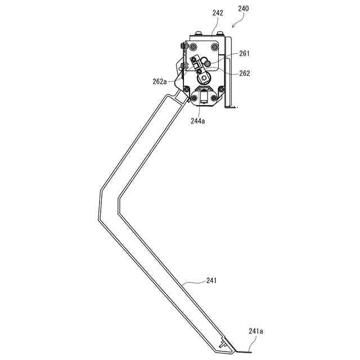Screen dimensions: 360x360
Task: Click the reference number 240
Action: pyautogui.click(x=244, y=8)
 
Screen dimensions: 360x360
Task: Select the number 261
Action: pyautogui.click(x=244, y=54)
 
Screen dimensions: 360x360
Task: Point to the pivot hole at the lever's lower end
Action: pyautogui.click(x=204, y=78)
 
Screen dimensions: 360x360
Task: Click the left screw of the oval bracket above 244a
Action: pyautogui.click(x=194, y=100)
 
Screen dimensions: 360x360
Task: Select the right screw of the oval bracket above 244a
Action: pyautogui.click(x=215, y=100)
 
